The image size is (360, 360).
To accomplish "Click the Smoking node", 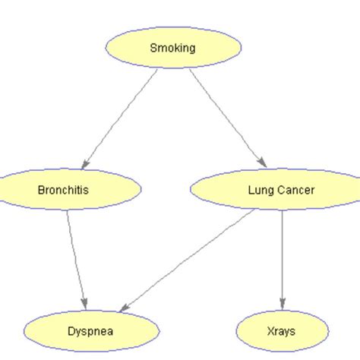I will (172, 49).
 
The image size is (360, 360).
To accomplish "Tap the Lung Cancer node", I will (273, 190).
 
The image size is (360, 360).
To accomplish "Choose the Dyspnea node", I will (91, 331).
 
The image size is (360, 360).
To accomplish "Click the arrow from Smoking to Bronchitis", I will (122, 117).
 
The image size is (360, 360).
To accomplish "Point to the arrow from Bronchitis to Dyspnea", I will (76, 258).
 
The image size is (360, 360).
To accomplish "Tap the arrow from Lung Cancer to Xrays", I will (283, 258).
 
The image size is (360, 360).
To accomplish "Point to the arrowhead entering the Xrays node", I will (283, 306).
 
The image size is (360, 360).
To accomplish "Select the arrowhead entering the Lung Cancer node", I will (261, 163).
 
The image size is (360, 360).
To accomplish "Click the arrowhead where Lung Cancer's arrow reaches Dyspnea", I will (125, 304).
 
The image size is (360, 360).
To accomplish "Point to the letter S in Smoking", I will (153, 49).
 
